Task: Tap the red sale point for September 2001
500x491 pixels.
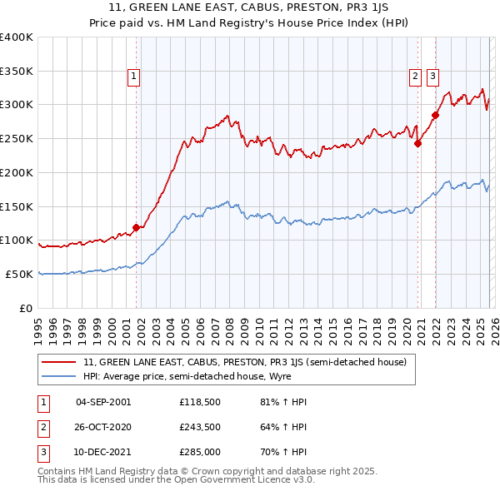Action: click(136, 227)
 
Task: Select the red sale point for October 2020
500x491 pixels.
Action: click(418, 142)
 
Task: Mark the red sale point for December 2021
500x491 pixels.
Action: click(435, 115)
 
